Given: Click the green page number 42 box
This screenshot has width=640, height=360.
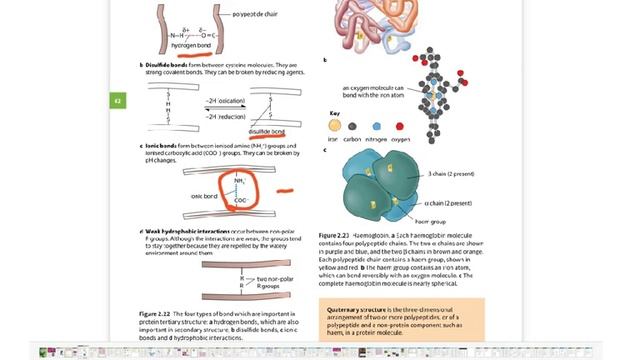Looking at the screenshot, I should click(x=116, y=100).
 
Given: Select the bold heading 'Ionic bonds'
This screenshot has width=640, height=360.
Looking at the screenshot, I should click(x=166, y=146).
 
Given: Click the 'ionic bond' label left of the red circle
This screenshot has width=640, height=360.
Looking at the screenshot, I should click(x=205, y=195).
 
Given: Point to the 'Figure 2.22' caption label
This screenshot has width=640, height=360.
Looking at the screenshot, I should click(x=161, y=313).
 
